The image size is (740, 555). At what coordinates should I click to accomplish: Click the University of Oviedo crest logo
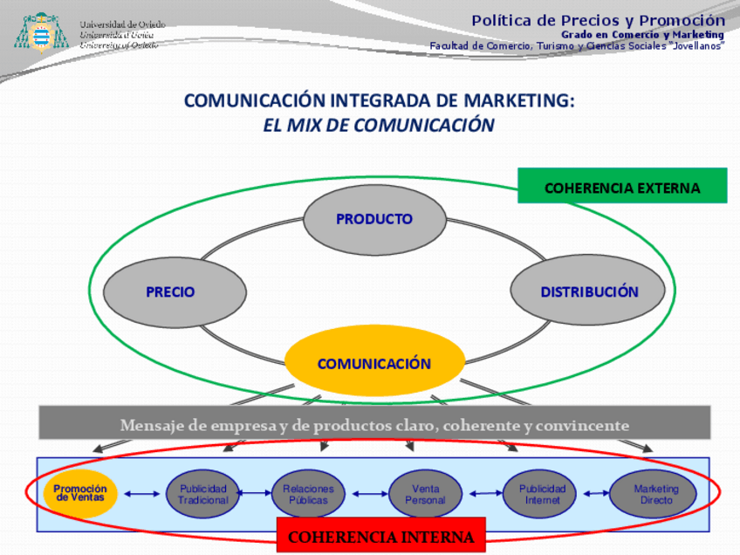pos(38,33)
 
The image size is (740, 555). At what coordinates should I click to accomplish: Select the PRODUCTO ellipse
pos(374,219)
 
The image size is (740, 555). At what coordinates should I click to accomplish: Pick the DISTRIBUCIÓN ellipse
pos(588,292)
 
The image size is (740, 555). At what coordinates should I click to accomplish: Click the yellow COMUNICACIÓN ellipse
pos(374,363)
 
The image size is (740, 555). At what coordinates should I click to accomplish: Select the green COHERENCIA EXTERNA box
pos(622,187)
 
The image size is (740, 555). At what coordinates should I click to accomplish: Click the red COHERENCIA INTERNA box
pos(380,537)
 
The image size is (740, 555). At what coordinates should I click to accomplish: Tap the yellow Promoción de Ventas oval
pos(80,494)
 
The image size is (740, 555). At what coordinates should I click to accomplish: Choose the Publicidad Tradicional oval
pos(202,494)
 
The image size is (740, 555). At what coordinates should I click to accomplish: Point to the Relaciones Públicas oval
pos(308,494)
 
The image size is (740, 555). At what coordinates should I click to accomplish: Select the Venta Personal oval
pos(425,494)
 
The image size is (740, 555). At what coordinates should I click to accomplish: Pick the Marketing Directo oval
pos(653,494)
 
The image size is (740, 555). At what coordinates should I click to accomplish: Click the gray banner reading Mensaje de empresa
pos(374,425)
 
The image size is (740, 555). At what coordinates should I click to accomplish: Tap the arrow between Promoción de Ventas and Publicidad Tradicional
pos(141,494)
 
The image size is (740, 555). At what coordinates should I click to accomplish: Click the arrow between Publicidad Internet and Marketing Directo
pos(597,494)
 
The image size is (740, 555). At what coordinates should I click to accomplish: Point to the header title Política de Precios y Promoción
pos(598,20)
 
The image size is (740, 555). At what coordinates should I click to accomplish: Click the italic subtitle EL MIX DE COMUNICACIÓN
pos(379,125)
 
